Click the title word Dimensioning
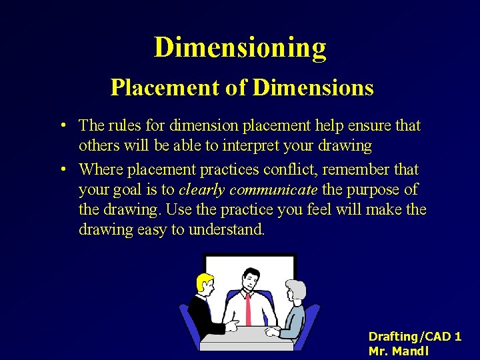pos(240,48)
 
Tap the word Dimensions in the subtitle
pos(314,87)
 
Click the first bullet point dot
pos(61,125)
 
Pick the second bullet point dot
pos(61,169)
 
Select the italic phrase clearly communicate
pos(248,190)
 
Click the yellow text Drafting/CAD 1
pos(414,337)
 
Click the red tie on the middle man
pos(249,307)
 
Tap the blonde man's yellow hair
pos(203,279)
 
